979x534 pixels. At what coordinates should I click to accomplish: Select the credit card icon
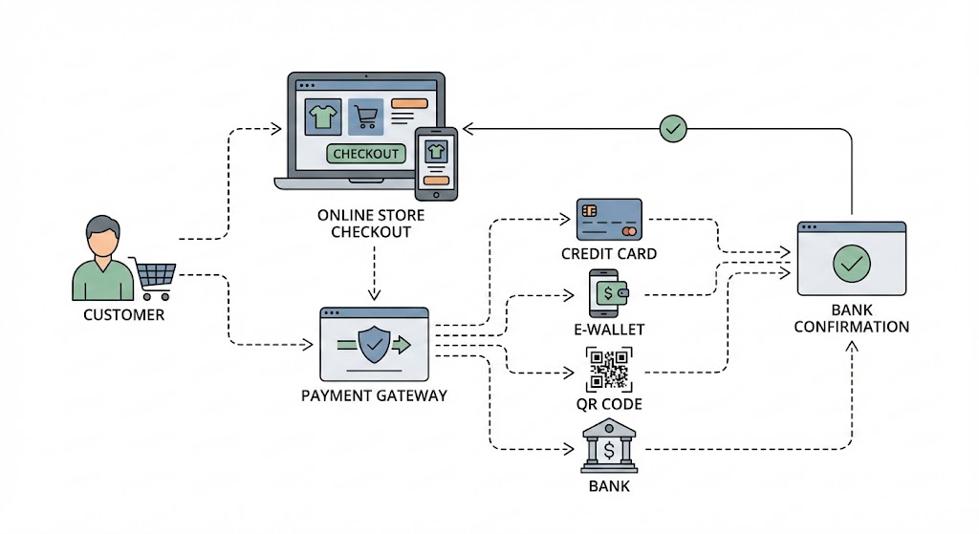609,220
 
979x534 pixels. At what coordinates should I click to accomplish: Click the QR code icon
609,370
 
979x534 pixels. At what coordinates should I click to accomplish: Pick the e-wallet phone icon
607,293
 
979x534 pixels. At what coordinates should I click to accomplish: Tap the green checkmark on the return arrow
674,127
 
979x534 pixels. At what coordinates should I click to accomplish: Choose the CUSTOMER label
123,314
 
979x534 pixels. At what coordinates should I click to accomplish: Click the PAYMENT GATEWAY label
374,395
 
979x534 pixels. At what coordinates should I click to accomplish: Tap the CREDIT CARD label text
609,254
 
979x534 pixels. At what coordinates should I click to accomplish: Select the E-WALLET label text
609,330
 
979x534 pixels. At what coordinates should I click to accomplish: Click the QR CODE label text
609,404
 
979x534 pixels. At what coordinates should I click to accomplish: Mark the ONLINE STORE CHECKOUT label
371,224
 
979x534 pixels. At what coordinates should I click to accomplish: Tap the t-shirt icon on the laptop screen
322,117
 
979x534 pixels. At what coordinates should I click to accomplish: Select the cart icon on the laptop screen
365,117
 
